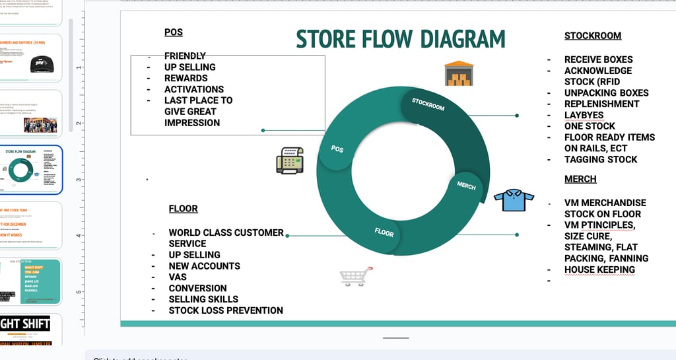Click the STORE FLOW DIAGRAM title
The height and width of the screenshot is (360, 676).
tap(400, 39)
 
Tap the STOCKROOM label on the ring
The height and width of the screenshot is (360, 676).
tap(428, 104)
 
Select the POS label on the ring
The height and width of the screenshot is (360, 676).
tap(337, 149)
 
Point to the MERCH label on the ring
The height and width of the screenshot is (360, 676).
tap(466, 186)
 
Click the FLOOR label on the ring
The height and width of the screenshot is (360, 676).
tap(384, 233)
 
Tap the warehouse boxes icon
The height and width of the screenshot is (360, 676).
tap(459, 73)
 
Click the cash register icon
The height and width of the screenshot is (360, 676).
tap(289, 161)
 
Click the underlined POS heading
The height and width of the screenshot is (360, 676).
tap(174, 32)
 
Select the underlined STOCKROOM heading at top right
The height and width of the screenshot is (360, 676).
tap(592, 36)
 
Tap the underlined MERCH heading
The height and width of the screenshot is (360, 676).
tap(580, 179)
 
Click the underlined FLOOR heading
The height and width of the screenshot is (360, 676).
tap(183, 209)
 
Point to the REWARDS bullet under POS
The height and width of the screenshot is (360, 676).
tap(186, 78)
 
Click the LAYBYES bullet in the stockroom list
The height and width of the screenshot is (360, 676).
tap(584, 115)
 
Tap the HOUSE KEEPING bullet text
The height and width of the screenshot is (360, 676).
tap(599, 270)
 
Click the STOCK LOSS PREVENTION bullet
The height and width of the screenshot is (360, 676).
tap(226, 310)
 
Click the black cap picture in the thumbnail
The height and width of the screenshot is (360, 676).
tap(42, 63)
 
